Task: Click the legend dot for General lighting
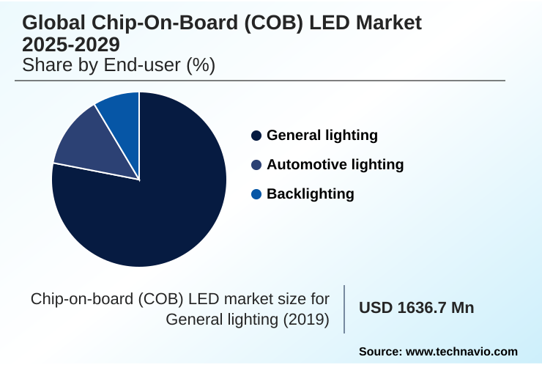pos(256,136)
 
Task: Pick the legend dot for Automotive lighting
pos(256,165)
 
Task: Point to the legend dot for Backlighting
pos(256,194)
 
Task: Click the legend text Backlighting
pos(310,194)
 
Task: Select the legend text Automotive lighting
pos(335,165)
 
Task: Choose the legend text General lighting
pos(322,136)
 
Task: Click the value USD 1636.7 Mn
pos(416,308)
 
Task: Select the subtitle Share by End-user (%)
pos(118,64)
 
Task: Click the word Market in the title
pos(386,23)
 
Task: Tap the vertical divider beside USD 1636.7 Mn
pos(344,309)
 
